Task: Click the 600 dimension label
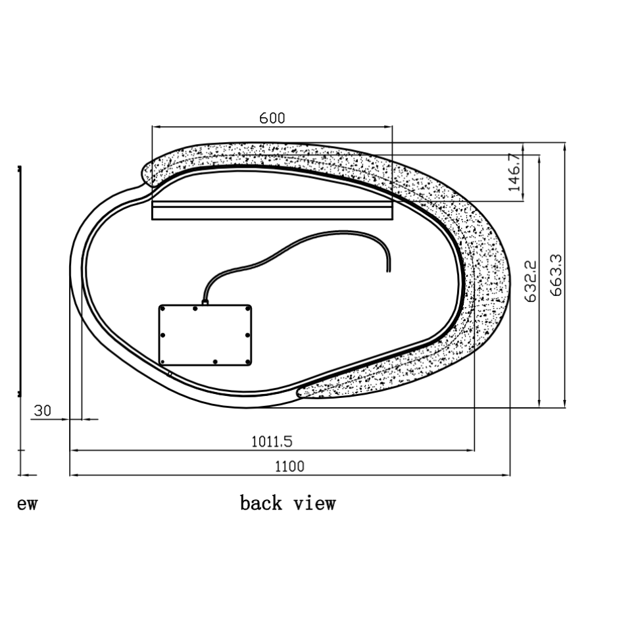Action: (272, 118)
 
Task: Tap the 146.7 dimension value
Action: (514, 172)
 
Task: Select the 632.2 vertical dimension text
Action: (530, 281)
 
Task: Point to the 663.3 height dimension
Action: (556, 275)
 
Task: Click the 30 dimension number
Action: (43, 411)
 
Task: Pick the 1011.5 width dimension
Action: (272, 441)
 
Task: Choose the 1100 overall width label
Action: (289, 466)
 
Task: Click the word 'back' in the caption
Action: (261, 503)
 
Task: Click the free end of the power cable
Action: (389, 271)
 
